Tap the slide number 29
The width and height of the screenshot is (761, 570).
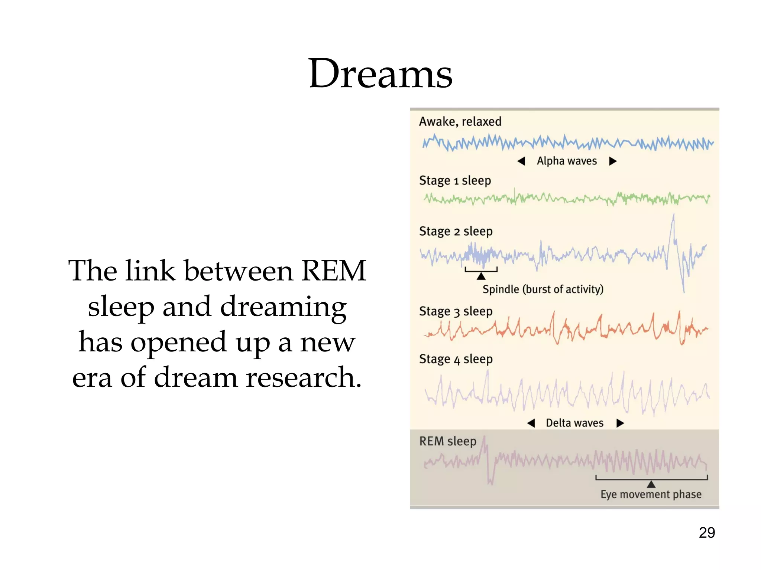pyautogui.click(x=707, y=533)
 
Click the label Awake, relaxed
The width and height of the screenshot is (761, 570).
pyautogui.click(x=460, y=121)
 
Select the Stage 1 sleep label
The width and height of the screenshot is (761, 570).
pyautogui.click(x=455, y=180)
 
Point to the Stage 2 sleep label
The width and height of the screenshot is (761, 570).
pyautogui.click(x=456, y=231)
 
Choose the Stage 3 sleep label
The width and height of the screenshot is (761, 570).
pyautogui.click(x=456, y=311)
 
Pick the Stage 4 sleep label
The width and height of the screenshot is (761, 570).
pyautogui.click(x=456, y=359)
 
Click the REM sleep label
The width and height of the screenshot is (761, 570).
pyautogui.click(x=448, y=441)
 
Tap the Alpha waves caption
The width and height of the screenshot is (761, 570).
pyautogui.click(x=567, y=161)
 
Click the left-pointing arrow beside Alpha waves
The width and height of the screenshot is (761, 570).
pyautogui.click(x=521, y=161)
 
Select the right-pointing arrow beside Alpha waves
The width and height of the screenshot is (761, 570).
pyautogui.click(x=613, y=161)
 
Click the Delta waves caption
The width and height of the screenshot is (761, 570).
pyautogui.click(x=574, y=423)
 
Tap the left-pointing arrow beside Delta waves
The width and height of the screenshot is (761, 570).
pyautogui.click(x=531, y=423)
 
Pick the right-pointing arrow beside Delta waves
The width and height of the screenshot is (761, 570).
pyautogui.click(x=620, y=423)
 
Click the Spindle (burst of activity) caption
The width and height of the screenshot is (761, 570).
pyautogui.click(x=543, y=289)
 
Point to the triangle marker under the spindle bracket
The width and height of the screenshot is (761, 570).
pyautogui.click(x=481, y=276)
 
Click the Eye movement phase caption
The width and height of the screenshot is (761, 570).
pyautogui.click(x=651, y=494)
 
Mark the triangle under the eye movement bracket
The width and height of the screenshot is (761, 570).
pyautogui.click(x=651, y=484)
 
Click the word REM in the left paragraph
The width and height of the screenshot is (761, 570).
pyautogui.click(x=333, y=271)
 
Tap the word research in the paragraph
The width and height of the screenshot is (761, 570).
pyautogui.click(x=304, y=377)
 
